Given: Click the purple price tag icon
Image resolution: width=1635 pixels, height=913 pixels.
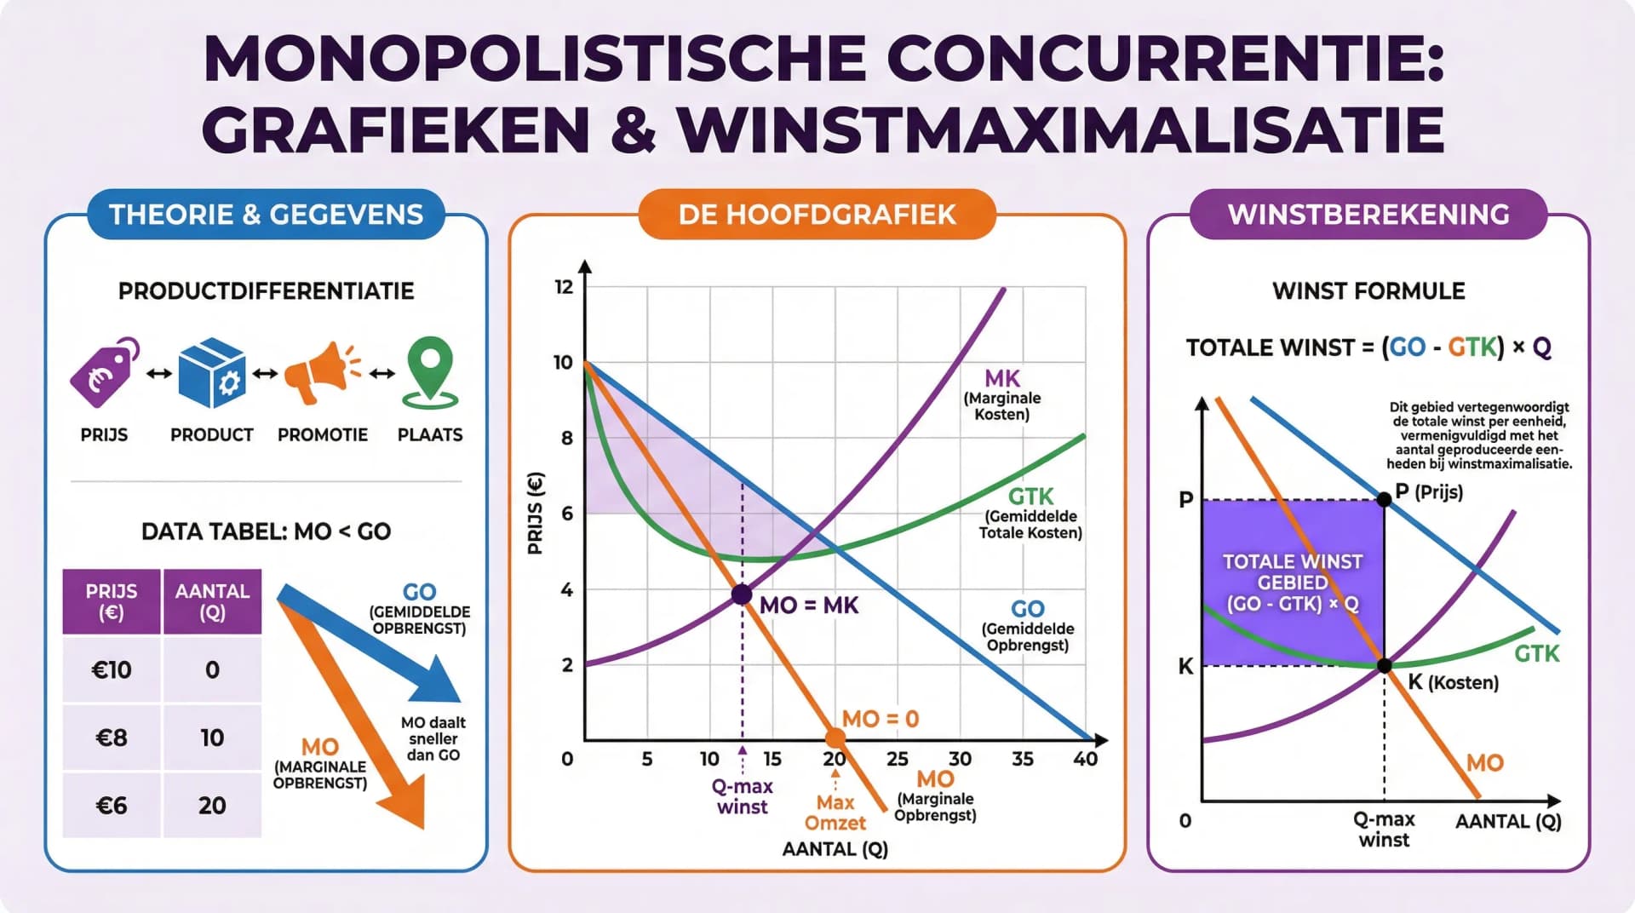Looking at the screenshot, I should [x=104, y=372].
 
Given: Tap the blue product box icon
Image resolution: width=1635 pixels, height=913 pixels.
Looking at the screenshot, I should [x=212, y=373].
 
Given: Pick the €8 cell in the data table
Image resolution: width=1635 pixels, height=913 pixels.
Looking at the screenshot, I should [x=112, y=738].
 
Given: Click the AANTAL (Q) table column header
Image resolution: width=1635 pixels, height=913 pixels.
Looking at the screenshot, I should [x=212, y=601].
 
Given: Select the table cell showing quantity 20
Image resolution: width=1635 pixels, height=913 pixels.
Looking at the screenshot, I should [x=212, y=806].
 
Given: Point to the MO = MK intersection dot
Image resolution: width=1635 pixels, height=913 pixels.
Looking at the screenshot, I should [x=742, y=594].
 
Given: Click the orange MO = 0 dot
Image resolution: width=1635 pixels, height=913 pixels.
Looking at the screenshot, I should [x=835, y=738].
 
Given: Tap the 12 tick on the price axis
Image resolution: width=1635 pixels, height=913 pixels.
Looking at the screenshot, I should [x=564, y=287].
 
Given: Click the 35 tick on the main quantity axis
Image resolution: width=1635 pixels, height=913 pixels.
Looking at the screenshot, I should [x=1023, y=759].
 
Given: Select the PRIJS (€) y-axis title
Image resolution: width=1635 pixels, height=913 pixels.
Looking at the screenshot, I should [x=536, y=513].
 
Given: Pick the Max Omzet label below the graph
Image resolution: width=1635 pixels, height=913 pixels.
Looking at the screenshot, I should [x=835, y=813].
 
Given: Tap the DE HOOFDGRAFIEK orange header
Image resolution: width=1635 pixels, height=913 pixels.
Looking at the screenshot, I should [x=817, y=215].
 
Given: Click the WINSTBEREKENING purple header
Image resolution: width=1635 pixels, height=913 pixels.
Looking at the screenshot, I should [x=1368, y=215].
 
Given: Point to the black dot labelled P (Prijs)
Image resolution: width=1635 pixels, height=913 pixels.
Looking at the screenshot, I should [x=1385, y=500].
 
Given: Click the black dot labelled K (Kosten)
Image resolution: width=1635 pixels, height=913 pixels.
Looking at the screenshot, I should [x=1385, y=666].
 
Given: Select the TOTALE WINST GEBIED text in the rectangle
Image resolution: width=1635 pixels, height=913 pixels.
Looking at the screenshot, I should [x=1293, y=583].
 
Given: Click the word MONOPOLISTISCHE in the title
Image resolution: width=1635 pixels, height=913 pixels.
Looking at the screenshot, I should [x=534, y=59].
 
